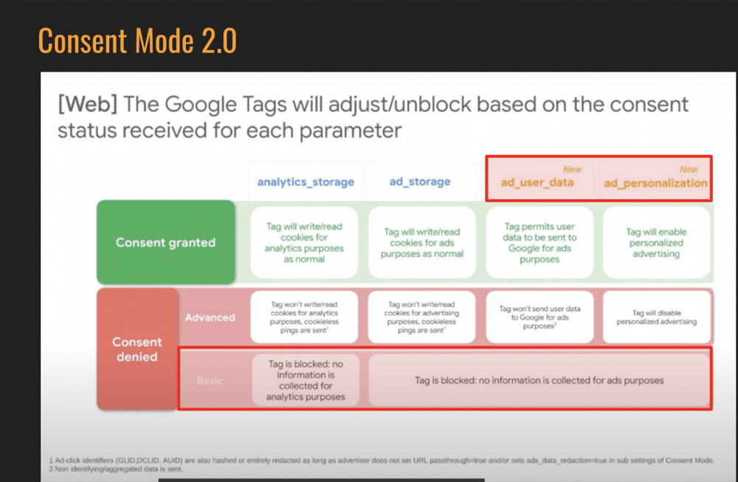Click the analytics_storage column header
pyautogui.click(x=306, y=182)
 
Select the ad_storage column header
pyautogui.click(x=420, y=182)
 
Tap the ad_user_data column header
pyautogui.click(x=538, y=183)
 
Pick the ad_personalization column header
pyautogui.click(x=655, y=183)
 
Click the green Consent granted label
pyautogui.click(x=165, y=242)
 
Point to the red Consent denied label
pyautogui.click(x=137, y=349)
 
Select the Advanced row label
pyautogui.click(x=210, y=317)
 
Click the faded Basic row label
pyautogui.click(x=210, y=381)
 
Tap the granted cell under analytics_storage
pyautogui.click(x=305, y=243)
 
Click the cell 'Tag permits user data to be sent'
pyautogui.click(x=539, y=243)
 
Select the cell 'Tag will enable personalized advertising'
pyautogui.click(x=656, y=243)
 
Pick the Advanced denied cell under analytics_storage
pyautogui.click(x=305, y=317)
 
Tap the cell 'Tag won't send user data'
pyautogui.click(x=539, y=317)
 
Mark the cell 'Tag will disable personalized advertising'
pyautogui.click(x=656, y=317)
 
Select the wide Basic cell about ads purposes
pyautogui.click(x=539, y=380)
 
